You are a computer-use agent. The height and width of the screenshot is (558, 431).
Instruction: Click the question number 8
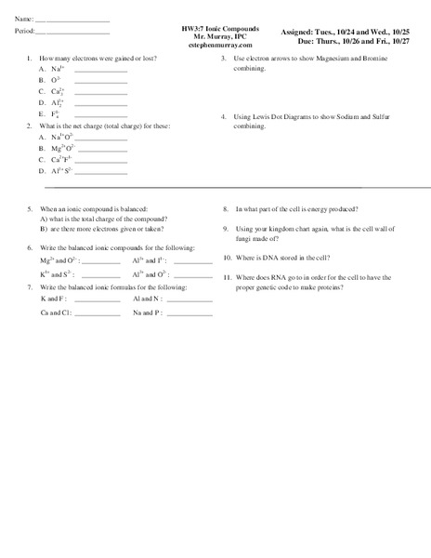[226, 209]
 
